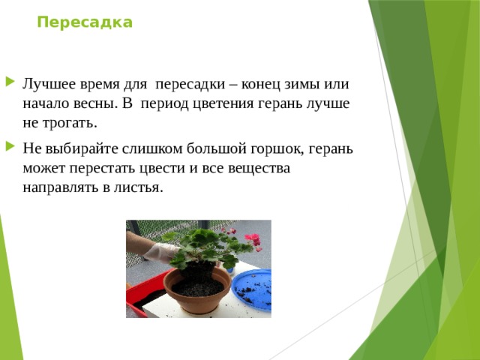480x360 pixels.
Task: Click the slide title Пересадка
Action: click(x=85, y=22)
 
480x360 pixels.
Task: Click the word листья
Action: click(x=136, y=187)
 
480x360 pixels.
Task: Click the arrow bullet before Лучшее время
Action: click(x=8, y=81)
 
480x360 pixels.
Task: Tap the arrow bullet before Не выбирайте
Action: click(x=8, y=147)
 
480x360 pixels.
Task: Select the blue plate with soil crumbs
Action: click(x=251, y=287)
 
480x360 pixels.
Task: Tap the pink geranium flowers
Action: click(x=252, y=240)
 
